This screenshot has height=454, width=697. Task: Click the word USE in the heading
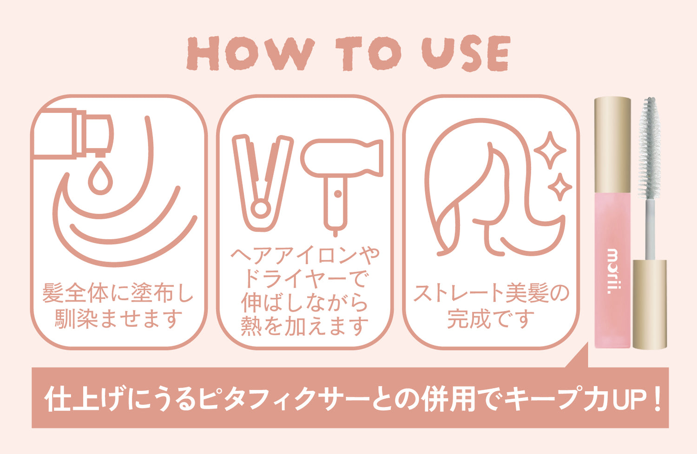(x=466, y=53)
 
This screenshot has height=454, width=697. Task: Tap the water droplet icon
(x=100, y=178)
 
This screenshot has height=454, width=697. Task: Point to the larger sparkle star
(x=550, y=150)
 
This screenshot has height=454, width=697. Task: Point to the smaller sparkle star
(x=560, y=187)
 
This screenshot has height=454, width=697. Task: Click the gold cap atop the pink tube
(x=613, y=145)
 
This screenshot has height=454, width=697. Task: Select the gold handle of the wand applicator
(x=650, y=305)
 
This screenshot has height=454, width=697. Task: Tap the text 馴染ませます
(x=118, y=319)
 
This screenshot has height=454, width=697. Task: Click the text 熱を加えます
(x=305, y=326)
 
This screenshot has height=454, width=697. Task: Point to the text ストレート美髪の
(x=491, y=293)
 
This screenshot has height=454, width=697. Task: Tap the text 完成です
(x=491, y=319)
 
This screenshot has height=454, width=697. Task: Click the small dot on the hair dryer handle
(x=338, y=194)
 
